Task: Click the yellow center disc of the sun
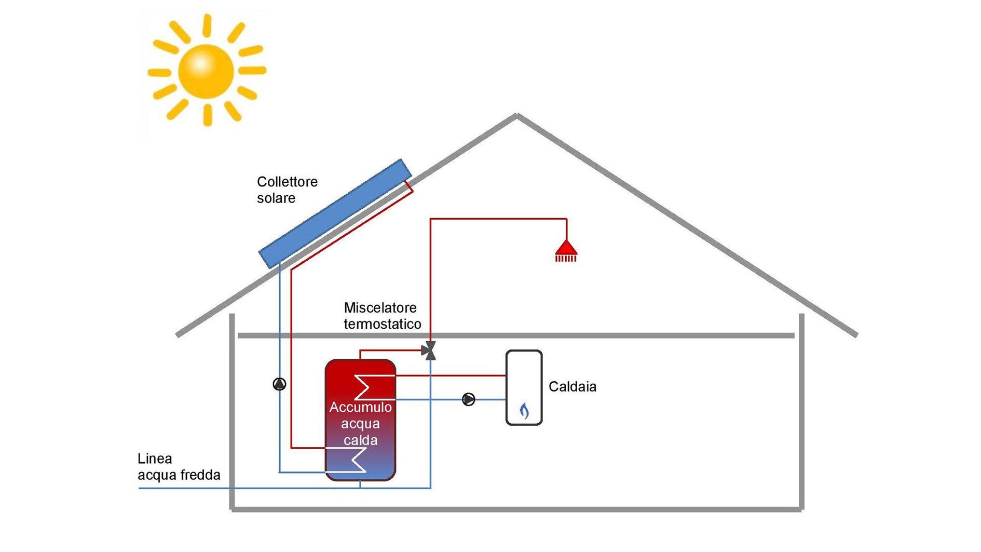[206, 71]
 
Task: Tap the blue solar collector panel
[335, 213]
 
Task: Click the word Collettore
[287, 182]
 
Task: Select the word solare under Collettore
[276, 198]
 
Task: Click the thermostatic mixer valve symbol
[430, 351]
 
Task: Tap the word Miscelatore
[380, 308]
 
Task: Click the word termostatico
[382, 325]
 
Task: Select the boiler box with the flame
[524, 387]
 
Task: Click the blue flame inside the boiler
[524, 411]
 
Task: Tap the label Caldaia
[572, 387]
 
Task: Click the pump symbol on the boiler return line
[468, 399]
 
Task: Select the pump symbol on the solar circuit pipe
[279, 384]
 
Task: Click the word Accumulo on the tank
[360, 407]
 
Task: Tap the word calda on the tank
[360, 440]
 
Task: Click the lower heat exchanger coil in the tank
[358, 460]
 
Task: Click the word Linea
[155, 459]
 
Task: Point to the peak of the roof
[516, 116]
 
